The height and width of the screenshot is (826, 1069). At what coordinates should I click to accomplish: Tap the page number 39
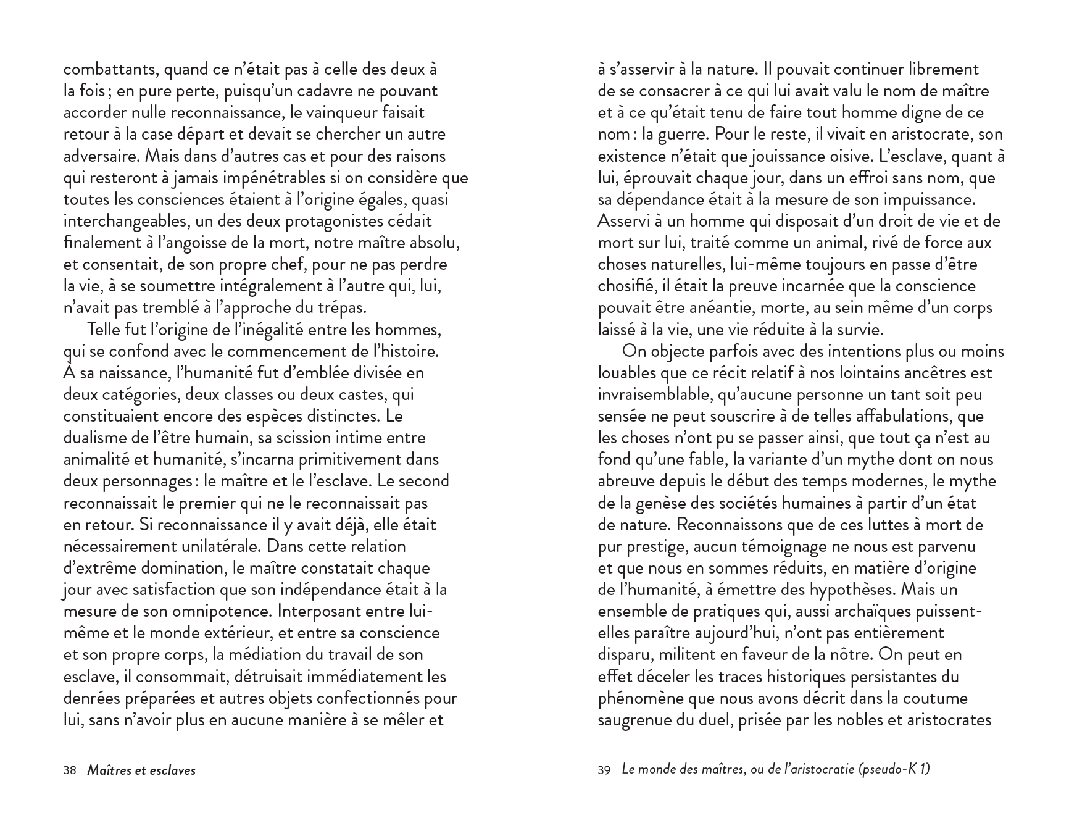pyautogui.click(x=604, y=770)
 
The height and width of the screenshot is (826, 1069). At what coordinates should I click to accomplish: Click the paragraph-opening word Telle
pyautogui.click(x=106, y=330)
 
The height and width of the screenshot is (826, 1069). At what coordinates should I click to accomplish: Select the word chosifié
pyautogui.click(x=626, y=286)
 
